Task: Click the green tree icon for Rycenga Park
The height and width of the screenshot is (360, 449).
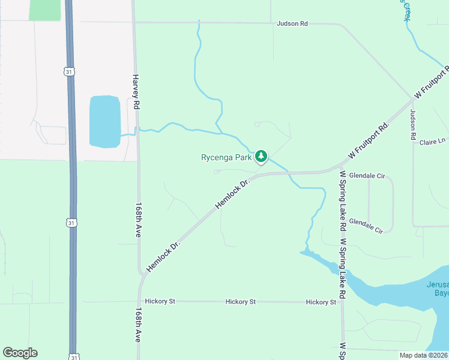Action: pyautogui.click(x=261, y=157)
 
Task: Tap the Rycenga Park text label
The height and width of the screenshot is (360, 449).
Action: pyautogui.click(x=226, y=158)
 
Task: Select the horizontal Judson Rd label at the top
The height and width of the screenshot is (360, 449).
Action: pyautogui.click(x=292, y=24)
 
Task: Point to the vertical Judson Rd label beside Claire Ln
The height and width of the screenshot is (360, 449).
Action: pyautogui.click(x=413, y=124)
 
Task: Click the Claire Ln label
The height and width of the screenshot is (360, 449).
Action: pyautogui.click(x=432, y=142)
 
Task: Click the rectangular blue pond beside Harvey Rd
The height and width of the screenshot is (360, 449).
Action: pyautogui.click(x=105, y=121)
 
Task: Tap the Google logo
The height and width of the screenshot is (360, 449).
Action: pyautogui.click(x=20, y=353)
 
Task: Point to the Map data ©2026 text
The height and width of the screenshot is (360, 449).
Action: pyautogui.click(x=423, y=355)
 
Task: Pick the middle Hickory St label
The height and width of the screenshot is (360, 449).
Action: pyautogui.click(x=241, y=302)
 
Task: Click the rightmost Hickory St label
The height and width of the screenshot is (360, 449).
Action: pyautogui.click(x=321, y=302)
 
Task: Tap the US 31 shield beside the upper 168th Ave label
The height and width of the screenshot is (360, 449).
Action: pyautogui.click(x=71, y=223)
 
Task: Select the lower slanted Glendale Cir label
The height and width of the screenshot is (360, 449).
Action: pyautogui.click(x=366, y=225)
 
